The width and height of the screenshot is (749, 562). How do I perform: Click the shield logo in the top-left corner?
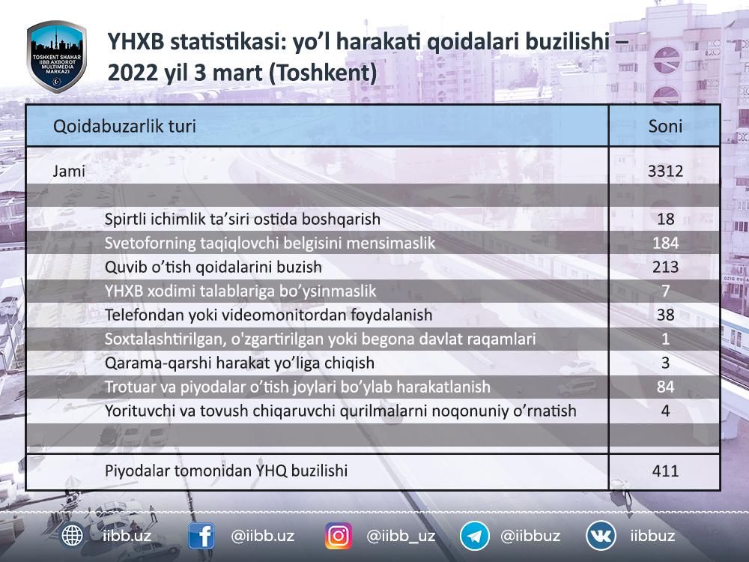coord(56,56)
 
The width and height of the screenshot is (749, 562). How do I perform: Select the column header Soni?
coord(665,126)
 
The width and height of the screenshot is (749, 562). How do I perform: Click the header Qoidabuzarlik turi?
coord(124,126)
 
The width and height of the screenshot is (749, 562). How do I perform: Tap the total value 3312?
coord(665,171)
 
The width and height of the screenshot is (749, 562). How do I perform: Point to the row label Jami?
coord(69,171)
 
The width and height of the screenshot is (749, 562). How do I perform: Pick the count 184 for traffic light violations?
coord(665,244)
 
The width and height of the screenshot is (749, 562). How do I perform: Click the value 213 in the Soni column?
coord(665,268)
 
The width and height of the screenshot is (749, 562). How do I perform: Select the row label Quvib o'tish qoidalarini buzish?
coord(213,268)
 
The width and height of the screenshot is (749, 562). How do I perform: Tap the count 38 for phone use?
coord(665,315)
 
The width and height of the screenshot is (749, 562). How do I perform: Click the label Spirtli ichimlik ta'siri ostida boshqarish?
coord(242,220)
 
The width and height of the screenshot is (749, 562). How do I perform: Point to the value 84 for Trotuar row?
coord(665,387)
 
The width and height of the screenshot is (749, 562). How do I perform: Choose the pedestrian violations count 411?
coord(665,471)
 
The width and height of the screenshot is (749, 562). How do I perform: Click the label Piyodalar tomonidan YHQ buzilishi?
coord(226,471)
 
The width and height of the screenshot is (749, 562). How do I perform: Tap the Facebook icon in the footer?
coord(201,536)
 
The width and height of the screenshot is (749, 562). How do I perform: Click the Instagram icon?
coord(339,536)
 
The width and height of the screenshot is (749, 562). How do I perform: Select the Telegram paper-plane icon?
coord(474,536)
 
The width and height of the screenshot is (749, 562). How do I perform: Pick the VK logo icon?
coord(601,536)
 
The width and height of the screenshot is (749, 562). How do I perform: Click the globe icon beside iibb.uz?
coord(72,536)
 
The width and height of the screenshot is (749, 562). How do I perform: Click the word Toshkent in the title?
coord(323,73)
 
